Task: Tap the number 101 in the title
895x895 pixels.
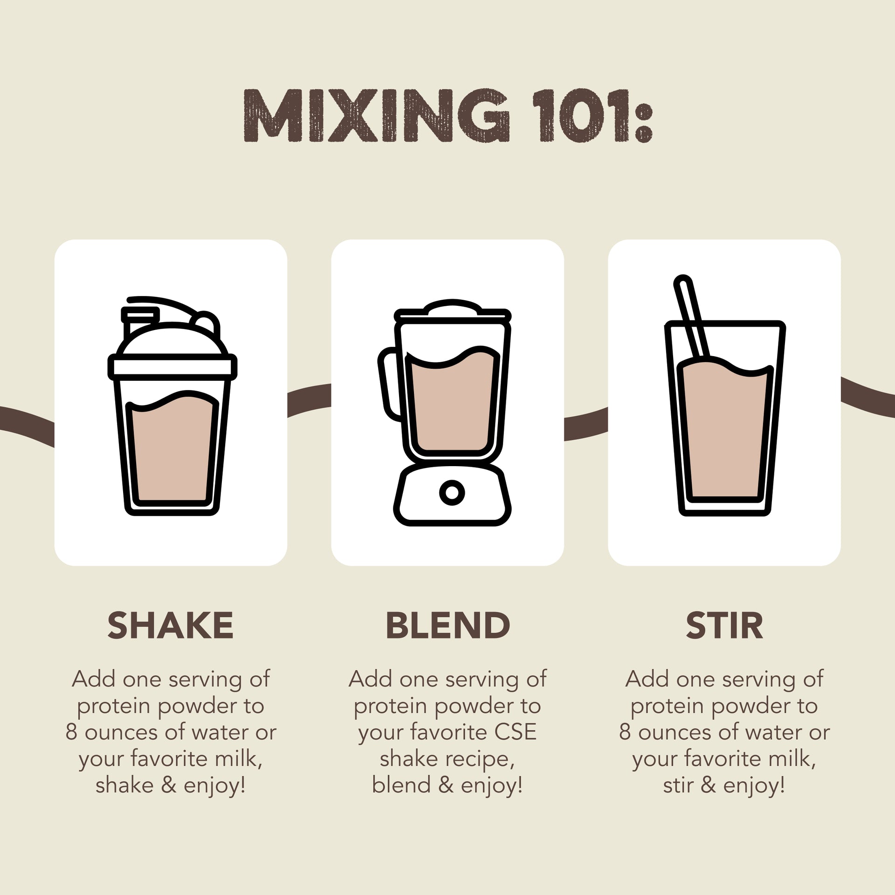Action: [581, 116]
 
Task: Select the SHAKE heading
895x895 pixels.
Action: [171, 626]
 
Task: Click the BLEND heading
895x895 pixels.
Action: [447, 626]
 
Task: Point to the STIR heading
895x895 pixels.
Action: [724, 626]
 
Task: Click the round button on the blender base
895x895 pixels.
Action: [452, 492]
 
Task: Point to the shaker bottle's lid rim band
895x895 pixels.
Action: [172, 367]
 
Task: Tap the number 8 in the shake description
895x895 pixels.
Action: [71, 732]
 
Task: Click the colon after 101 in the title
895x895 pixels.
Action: [644, 122]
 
